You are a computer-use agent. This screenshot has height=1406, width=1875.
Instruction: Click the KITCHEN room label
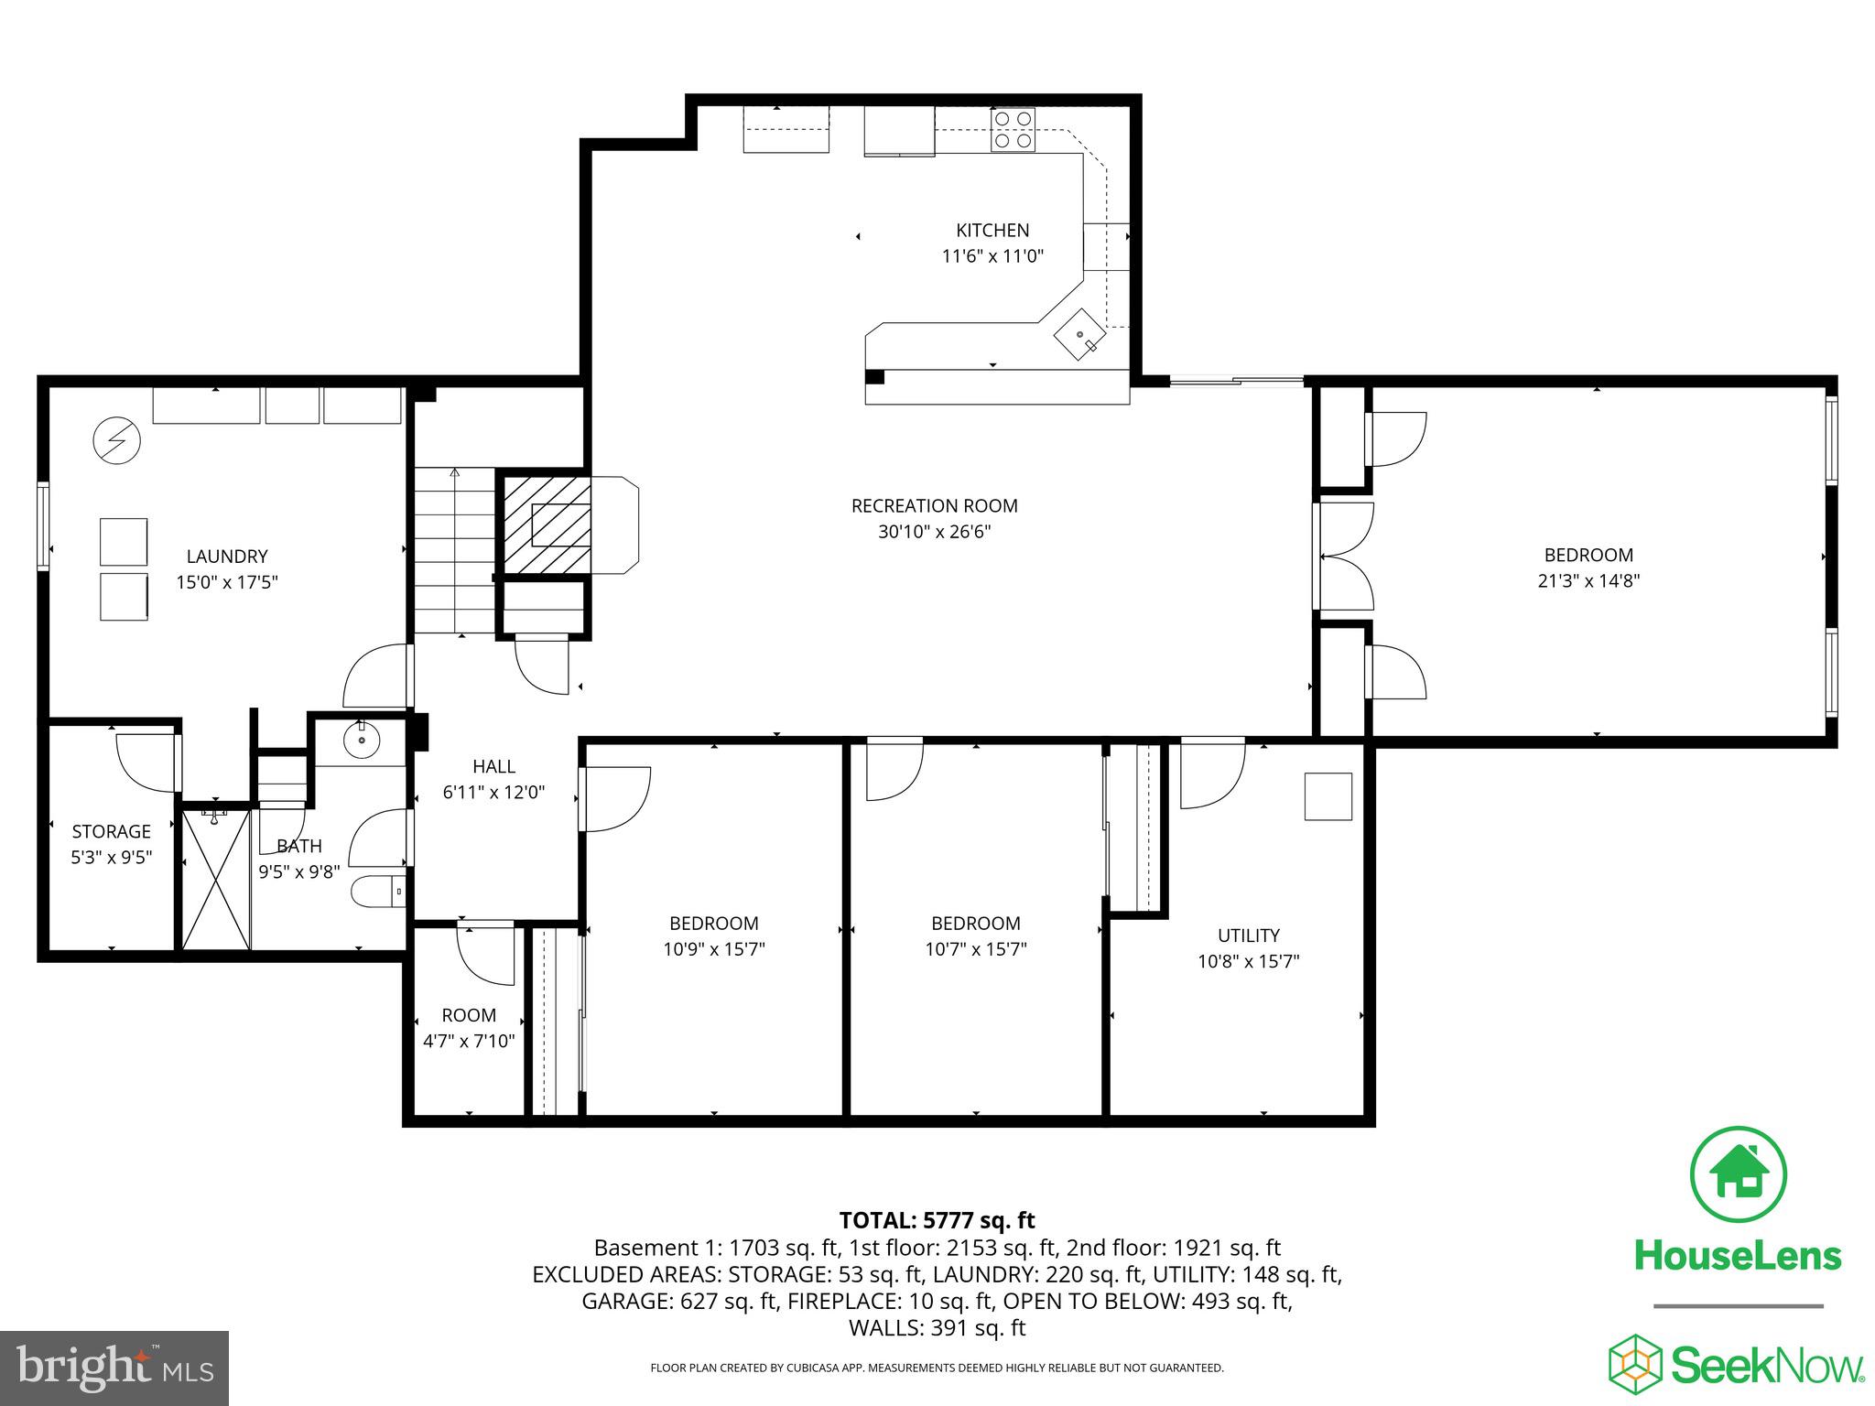(x=992, y=231)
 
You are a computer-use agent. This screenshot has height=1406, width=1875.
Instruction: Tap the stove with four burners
(x=1013, y=129)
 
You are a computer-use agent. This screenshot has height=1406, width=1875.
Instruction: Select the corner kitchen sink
(x=1080, y=335)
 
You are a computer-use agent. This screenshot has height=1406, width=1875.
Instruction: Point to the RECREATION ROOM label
(x=934, y=506)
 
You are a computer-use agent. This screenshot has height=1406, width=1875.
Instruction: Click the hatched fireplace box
(x=544, y=525)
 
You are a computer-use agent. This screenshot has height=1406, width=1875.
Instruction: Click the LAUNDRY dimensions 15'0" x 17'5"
(x=227, y=582)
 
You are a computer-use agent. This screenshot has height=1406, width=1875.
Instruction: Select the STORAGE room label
(x=111, y=831)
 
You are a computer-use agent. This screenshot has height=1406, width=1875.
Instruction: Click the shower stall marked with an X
(x=216, y=879)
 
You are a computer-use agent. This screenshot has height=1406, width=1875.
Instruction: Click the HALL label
(x=493, y=767)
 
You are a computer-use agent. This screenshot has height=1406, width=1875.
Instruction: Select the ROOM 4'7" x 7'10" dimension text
(x=469, y=1041)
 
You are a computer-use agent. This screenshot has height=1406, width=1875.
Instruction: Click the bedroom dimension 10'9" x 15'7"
(x=713, y=949)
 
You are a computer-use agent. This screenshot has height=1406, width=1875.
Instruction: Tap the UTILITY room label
(x=1248, y=936)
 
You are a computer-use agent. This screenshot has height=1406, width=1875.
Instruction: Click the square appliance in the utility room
(x=1328, y=796)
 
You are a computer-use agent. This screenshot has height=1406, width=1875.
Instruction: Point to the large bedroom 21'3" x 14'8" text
(x=1588, y=580)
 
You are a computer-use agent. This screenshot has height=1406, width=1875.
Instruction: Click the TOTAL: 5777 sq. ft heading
(x=937, y=1220)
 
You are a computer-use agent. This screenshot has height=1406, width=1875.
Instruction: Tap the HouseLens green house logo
(x=1738, y=1174)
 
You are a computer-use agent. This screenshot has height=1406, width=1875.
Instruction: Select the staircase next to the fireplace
(x=454, y=549)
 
